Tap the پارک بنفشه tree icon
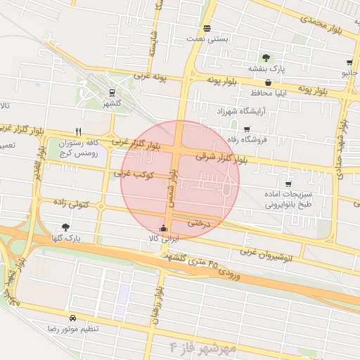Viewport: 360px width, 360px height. [x=266, y=58]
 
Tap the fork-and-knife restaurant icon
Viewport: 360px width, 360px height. [x=79, y=131]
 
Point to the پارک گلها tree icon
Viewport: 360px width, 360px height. [x=65, y=227]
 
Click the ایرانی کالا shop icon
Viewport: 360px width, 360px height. [x=164, y=228]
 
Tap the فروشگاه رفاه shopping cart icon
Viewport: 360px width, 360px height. [x=247, y=129]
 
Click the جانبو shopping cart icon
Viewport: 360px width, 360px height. [x=349, y=63]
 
